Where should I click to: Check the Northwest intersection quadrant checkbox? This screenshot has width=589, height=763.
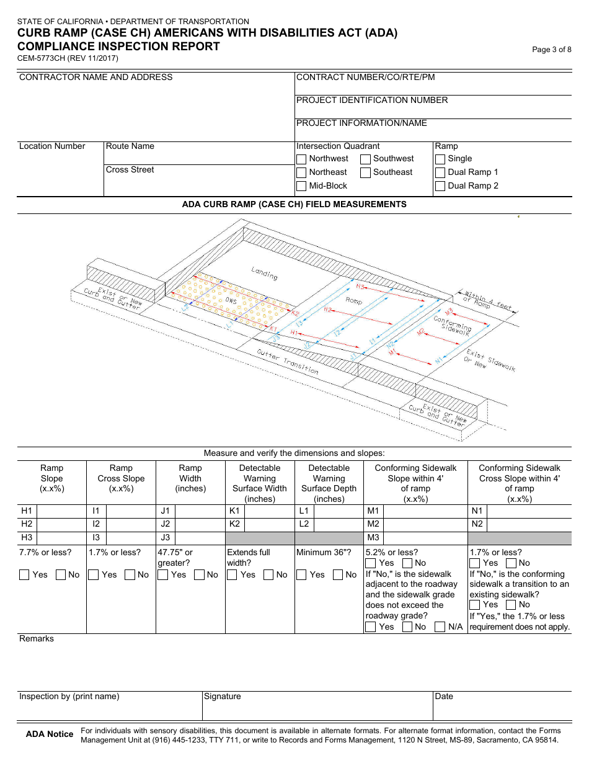pos(301,159)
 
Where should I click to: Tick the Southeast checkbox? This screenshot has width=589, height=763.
pos(366,172)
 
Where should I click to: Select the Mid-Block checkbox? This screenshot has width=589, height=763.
pos(301,186)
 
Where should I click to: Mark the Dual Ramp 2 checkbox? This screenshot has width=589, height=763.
pos(440,186)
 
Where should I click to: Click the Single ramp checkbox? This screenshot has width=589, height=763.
pos(440,159)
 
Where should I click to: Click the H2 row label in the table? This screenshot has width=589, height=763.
pos(27,524)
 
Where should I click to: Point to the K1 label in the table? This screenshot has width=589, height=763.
pos(234,511)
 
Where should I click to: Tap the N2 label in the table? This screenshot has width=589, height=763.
pos(477,524)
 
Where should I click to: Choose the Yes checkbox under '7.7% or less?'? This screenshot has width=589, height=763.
pos(24,575)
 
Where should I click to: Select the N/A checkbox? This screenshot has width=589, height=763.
pos(440,627)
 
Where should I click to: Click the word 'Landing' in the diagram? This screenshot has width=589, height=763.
pos(265,273)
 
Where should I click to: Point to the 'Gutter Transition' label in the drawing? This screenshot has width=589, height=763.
pos(288,362)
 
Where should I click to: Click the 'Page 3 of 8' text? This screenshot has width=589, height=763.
pos(552,50)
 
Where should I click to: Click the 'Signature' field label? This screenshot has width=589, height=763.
pos(223,697)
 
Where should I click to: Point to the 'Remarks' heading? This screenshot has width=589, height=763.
pos(37,639)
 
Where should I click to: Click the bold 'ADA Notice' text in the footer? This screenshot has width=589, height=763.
pos(50,734)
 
